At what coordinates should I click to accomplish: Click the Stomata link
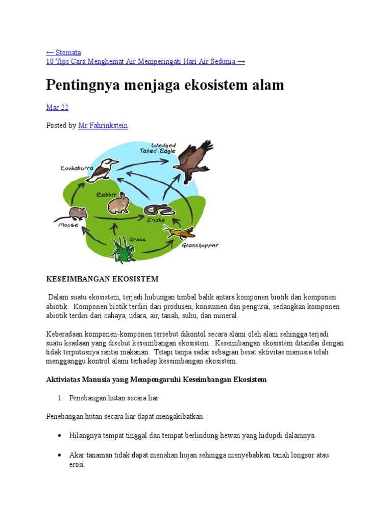(64, 52)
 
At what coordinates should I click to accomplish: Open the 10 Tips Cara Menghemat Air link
(145, 61)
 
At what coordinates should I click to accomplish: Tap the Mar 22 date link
(57, 107)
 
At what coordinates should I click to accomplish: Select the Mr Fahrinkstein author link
(103, 125)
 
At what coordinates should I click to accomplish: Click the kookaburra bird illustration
(102, 170)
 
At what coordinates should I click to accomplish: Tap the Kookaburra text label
(77, 168)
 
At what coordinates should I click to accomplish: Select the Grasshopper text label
(200, 246)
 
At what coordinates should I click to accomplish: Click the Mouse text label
(68, 225)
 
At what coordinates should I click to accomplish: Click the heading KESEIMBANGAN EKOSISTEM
(102, 279)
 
